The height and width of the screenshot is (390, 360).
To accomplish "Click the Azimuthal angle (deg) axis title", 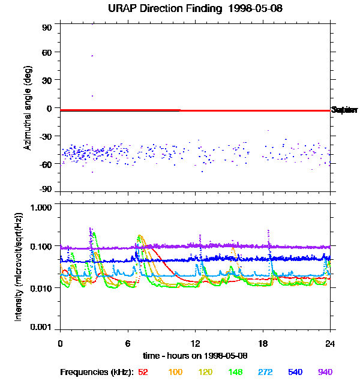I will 27,108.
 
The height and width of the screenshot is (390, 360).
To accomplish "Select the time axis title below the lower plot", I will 195,355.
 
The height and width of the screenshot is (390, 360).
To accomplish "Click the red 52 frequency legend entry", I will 143,373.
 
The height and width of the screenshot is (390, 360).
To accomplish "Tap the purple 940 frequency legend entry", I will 325,373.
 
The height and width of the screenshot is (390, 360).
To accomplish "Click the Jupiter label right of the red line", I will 344,110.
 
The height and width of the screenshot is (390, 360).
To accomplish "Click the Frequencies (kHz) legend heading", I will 96,373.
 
